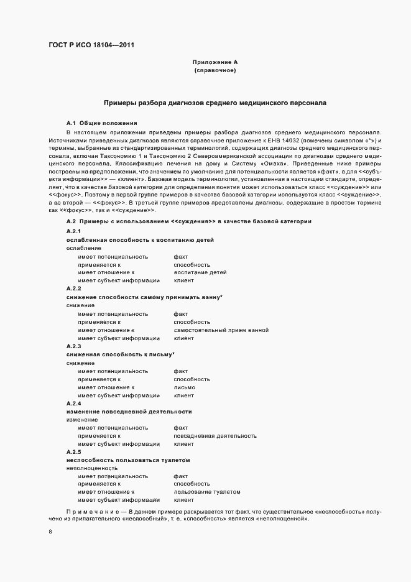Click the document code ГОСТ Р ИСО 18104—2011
click(x=90, y=45)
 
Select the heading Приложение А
click(x=215, y=62)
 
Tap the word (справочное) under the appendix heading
click(x=215, y=70)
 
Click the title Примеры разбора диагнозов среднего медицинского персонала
click(x=215, y=102)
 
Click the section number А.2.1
click(x=74, y=231)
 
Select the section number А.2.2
click(x=74, y=289)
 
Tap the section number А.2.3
click(x=74, y=346)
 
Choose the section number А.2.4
click(x=74, y=403)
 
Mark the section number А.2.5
click(x=74, y=451)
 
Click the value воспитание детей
click(x=200, y=272)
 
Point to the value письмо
click(x=185, y=387)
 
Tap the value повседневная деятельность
click(x=215, y=436)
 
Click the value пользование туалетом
click(x=207, y=492)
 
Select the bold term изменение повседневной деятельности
click(x=129, y=412)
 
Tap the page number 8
click(x=50, y=532)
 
